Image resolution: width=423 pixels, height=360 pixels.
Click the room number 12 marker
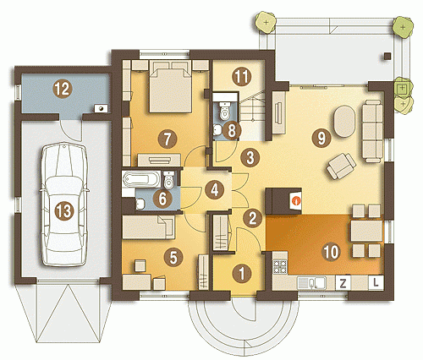point(63,89)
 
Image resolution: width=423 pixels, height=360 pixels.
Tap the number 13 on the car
point(64,211)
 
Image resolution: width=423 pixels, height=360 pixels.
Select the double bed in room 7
point(171,86)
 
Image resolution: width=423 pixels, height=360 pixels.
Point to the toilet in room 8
point(225,112)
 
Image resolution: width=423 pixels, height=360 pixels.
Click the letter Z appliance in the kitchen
point(343,283)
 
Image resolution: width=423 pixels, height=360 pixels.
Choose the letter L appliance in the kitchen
point(376,282)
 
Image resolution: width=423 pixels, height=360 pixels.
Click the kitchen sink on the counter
point(312,282)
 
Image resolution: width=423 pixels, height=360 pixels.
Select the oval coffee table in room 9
point(344,121)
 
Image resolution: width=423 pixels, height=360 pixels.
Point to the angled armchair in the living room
point(341,166)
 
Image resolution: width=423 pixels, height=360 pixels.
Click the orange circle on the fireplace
point(296,200)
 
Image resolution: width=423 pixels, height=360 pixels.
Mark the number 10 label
point(332,252)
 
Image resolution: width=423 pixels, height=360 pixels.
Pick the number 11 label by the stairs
point(241,77)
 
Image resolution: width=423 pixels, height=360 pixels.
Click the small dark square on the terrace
point(387,56)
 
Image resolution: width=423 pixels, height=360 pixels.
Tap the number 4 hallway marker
point(215,190)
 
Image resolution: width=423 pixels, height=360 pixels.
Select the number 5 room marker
point(173,257)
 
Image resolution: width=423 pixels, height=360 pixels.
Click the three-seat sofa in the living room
point(372,131)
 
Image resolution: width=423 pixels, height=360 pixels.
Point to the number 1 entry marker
point(242,273)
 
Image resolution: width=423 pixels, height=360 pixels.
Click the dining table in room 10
point(366,231)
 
